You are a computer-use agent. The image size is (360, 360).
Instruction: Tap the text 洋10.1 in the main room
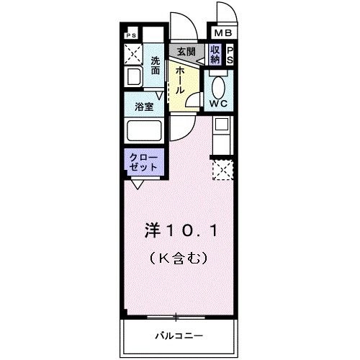pyautogui.click(x=181, y=232)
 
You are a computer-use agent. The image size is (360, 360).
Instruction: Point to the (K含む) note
pyautogui.click(x=180, y=256)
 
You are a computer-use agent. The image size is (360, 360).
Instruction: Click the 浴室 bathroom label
pyautogui.click(x=145, y=107)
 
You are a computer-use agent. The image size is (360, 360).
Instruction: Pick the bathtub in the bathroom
pyautogui.click(x=144, y=131)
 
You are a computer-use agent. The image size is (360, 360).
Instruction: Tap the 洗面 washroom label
pyautogui.click(x=156, y=66)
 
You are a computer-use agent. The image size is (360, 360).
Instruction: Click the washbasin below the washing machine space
pyautogui.click(x=134, y=76)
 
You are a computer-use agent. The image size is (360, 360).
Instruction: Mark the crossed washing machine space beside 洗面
pyautogui.click(x=133, y=55)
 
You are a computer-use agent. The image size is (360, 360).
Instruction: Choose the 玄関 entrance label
pyautogui.click(x=186, y=51)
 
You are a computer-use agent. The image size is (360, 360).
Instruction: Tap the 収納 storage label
pyautogui.click(x=215, y=55)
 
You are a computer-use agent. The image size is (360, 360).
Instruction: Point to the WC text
pyautogui.click(x=219, y=103)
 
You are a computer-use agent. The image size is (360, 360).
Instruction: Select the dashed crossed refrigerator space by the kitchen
pyautogui.click(x=222, y=171)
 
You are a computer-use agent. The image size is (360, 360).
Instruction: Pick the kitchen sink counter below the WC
pyautogui.click(x=221, y=135)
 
